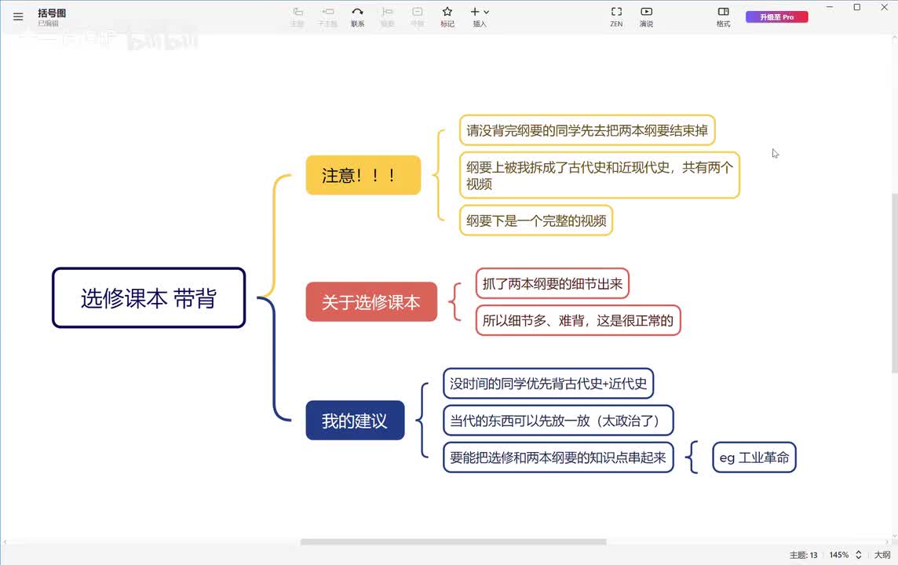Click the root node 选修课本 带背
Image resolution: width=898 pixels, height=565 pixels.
click(148, 298)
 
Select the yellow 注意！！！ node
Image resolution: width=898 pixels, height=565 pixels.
click(363, 175)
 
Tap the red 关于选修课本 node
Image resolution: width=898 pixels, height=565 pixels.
click(371, 302)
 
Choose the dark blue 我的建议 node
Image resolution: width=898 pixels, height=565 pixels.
click(355, 421)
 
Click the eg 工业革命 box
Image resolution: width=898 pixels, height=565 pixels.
click(754, 457)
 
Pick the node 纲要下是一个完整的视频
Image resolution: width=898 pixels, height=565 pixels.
click(536, 221)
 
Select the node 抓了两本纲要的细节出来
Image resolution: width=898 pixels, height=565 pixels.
click(552, 283)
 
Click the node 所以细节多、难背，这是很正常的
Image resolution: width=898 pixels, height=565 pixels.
click(578, 320)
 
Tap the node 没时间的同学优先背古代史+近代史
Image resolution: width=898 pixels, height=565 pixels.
click(548, 384)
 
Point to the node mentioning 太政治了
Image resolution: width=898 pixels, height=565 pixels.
click(558, 421)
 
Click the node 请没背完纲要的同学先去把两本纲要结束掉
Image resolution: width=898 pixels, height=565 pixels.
click(587, 130)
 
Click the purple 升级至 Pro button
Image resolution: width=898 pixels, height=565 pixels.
click(776, 16)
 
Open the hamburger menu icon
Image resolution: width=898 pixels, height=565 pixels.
click(18, 16)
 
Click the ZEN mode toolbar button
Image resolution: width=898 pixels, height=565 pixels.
click(616, 16)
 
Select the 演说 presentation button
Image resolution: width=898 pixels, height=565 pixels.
click(646, 16)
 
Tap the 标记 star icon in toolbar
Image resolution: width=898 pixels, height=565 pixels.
click(447, 16)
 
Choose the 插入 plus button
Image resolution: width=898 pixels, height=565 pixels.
click(479, 16)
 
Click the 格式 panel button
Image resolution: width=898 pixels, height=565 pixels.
click(723, 16)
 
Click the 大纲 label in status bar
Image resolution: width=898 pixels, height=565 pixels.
click(882, 555)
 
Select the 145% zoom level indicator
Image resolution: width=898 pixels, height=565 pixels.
click(838, 555)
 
